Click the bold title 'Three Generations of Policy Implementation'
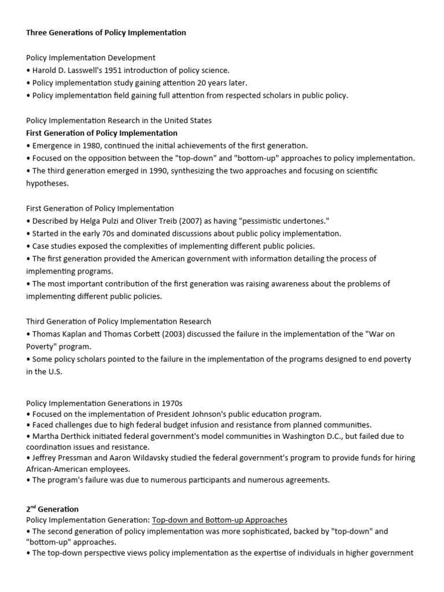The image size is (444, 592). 106,32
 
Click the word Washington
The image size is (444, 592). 271,436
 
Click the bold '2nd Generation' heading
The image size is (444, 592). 52,509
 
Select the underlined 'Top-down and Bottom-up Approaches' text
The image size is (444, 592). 220,520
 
